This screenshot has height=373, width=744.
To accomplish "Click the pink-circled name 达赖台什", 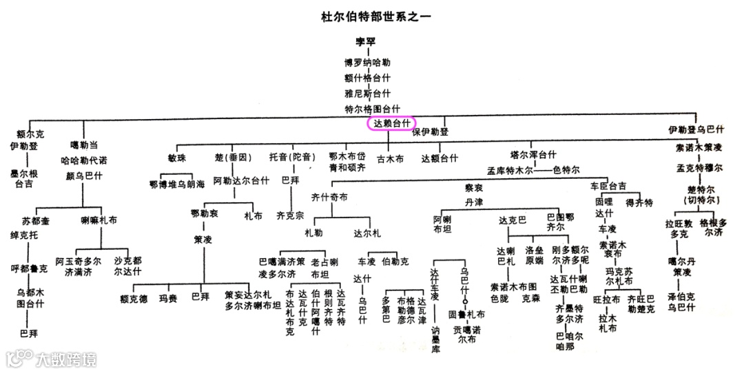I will (391, 123).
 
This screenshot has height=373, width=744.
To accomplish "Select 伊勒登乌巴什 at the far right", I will (696, 129).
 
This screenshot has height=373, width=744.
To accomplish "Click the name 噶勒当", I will (84, 146).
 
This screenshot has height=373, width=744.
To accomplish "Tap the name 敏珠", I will (177, 158).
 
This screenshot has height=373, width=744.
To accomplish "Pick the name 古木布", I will (390, 158).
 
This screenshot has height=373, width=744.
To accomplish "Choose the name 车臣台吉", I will (609, 186).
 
